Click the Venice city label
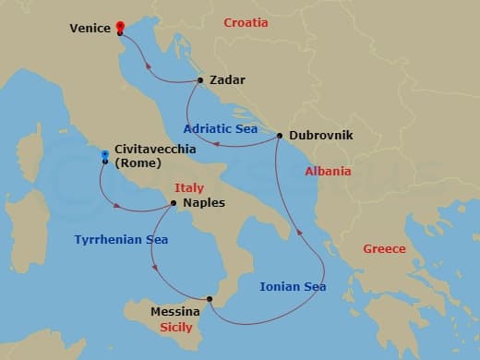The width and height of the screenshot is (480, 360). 90,28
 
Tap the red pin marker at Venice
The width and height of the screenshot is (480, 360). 120,27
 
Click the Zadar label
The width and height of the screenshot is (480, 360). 227,80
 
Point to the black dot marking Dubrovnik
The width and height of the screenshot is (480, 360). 279,136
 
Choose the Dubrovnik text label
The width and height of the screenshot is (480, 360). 320,135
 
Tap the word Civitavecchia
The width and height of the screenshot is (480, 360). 151,150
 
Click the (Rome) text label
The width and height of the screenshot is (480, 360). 138,163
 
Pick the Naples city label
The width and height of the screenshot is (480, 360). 204,203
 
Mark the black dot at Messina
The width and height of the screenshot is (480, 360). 210,298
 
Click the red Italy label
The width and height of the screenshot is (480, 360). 188,188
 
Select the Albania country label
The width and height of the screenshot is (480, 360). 328,172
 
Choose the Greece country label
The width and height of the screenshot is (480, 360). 383,248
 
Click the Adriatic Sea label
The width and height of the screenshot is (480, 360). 221,128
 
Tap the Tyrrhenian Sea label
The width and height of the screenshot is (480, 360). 121,239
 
